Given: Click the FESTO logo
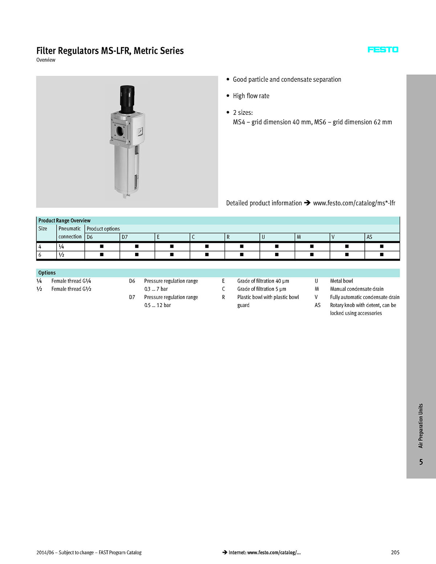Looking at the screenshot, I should point(383,50).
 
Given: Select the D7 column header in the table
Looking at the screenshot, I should point(125,237).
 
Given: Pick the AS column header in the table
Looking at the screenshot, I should point(370,237).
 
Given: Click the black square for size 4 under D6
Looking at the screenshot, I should point(102,246).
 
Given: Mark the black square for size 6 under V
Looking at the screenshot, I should point(347,255).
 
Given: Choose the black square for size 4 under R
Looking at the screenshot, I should point(242,246).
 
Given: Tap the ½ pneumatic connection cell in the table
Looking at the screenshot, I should point(61,255).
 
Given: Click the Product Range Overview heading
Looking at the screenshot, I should point(64,221).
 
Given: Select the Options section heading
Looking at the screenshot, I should point(47,273).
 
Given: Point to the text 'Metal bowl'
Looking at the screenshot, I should point(341,281).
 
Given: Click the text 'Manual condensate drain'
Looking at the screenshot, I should point(356,289).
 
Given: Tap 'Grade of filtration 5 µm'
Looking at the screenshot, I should point(262,289).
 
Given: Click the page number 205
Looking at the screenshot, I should point(395,552).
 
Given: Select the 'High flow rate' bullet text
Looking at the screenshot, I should point(251,96).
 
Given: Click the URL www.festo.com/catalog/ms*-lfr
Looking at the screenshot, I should point(354,203).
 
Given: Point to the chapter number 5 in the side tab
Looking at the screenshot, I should point(421,462).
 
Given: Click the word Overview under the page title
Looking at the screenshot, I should point(46,60).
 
